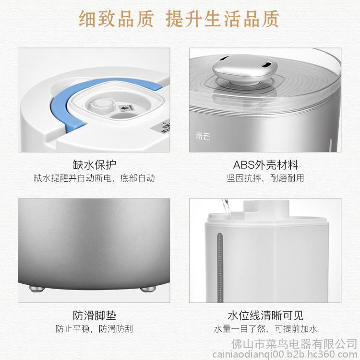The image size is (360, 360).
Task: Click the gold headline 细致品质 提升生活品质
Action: [x=179, y=19]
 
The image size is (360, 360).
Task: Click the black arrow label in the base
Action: [x=126, y=107]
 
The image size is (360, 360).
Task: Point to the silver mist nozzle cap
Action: [x=245, y=69]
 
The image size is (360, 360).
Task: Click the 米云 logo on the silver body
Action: [x=203, y=136]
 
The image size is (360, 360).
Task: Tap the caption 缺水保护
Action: [x=94, y=164]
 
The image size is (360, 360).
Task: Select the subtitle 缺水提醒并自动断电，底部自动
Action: [x=94, y=178]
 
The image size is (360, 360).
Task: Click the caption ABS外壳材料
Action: [x=265, y=164]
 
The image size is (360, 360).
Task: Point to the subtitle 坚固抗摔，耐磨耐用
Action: [x=265, y=178]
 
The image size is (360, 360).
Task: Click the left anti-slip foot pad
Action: [x=37, y=289]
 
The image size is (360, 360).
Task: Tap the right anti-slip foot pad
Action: [x=148, y=289]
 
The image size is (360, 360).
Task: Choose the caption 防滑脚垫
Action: [x=94, y=315]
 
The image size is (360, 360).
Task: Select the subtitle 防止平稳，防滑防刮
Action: [x=94, y=329]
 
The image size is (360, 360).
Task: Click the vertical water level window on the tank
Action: [x=220, y=267]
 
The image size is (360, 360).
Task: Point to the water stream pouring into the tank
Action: [x=226, y=207]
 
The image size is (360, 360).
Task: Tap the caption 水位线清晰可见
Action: [x=265, y=315]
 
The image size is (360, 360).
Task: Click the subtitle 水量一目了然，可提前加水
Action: [x=265, y=329]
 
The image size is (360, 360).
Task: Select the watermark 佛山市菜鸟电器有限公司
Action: [x=294, y=344]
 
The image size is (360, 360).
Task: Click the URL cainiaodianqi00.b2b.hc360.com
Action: [x=285, y=354]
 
